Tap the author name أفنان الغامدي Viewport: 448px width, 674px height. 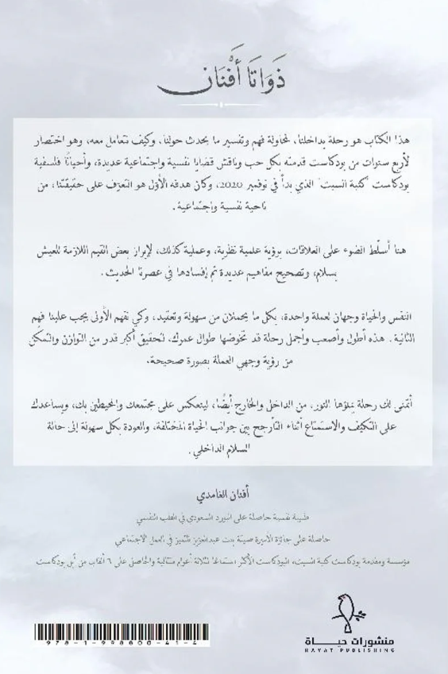pos(223,483)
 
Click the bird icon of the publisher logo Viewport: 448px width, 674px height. pos(350,617)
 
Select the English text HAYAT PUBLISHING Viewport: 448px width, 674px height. pos(350,651)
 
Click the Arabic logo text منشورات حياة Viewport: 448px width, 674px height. pos(350,640)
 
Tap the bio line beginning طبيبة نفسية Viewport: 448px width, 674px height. pos(223,503)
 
